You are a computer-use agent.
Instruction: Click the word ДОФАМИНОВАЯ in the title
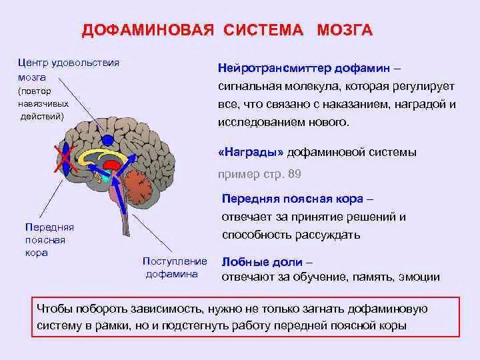pos(147,30)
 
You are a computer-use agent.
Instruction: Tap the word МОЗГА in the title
pos(345,30)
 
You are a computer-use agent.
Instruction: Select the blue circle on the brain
pos(107,140)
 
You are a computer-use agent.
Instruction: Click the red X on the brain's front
pos(65,159)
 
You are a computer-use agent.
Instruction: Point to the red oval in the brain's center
pos(112,165)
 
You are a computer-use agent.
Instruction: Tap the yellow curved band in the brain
pos(101,155)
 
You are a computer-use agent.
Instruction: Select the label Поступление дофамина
pos(175,267)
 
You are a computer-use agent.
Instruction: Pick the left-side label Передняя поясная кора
pos(49,240)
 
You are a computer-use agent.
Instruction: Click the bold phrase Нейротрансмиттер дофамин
pos(304,68)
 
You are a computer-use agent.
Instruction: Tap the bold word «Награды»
pos(251,152)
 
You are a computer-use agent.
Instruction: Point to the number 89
pos(294,174)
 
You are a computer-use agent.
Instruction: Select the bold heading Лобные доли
pos(262,262)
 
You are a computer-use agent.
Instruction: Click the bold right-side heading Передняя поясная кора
pos(293,199)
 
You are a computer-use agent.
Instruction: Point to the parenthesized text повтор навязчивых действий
pos(43,104)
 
